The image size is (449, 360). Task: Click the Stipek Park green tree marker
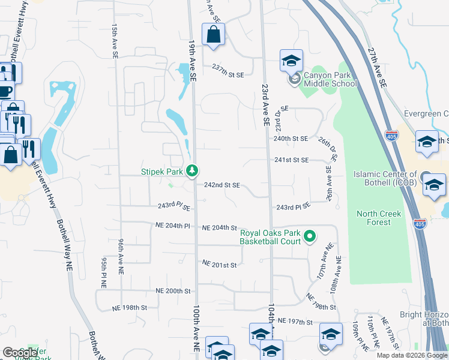tap(191, 171)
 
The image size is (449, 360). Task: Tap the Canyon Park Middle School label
tap(330, 79)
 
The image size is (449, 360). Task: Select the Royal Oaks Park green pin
tap(310, 237)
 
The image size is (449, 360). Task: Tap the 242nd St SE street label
tap(222, 186)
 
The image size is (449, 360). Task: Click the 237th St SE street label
tap(228, 74)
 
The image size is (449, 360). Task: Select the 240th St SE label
tap(291, 139)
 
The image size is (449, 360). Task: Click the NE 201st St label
tap(220, 264)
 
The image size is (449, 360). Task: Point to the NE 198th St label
tap(130, 308)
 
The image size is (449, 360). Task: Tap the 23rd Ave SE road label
tap(265, 105)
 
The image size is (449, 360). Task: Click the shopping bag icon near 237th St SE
tap(213, 35)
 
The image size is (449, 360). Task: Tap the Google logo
tap(19, 353)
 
